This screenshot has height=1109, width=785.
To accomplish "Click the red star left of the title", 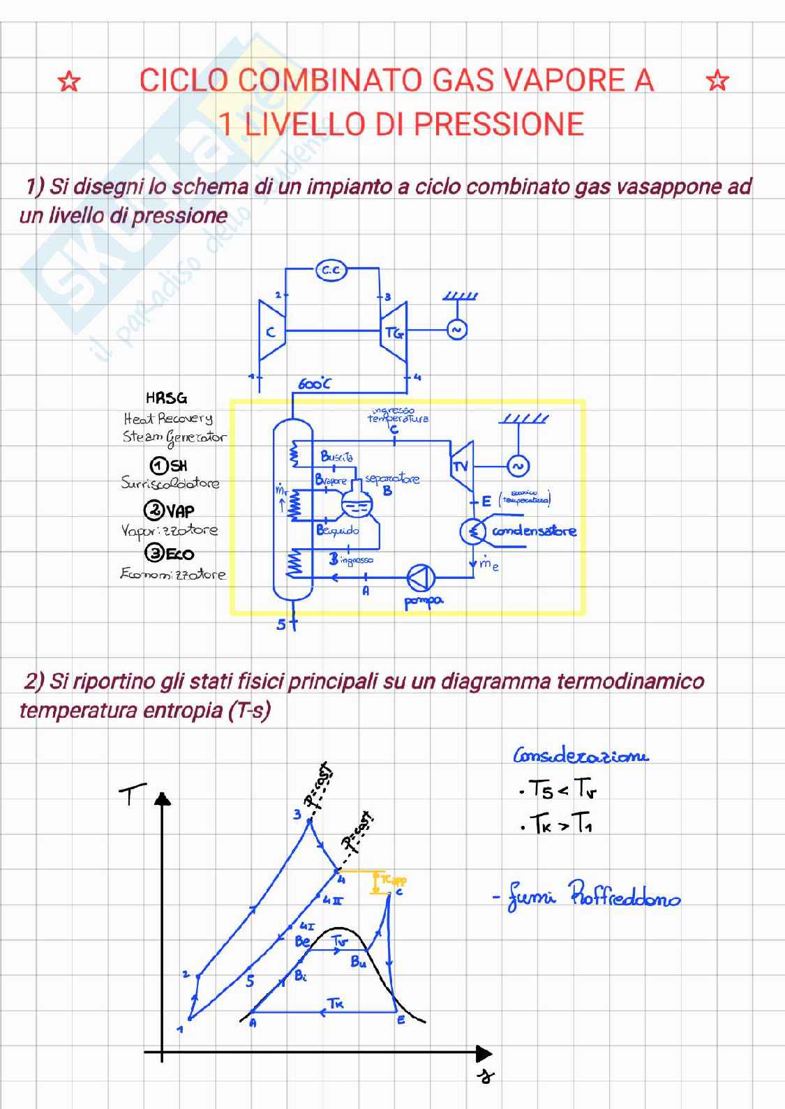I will pos(68,82).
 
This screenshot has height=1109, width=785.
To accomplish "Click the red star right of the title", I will pos(717,81).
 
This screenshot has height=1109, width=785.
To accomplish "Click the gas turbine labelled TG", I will pos(394,333).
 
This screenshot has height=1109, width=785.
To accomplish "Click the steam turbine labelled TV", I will pos(461,466).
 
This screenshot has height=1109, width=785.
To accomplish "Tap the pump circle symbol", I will pos(421,577).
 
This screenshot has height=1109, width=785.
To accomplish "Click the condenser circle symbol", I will pos(473,532).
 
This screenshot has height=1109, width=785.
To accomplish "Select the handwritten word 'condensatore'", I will pos(534,531).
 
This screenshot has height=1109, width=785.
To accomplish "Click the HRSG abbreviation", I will pos(166,398).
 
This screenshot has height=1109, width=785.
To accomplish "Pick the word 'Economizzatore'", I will pos(173,574).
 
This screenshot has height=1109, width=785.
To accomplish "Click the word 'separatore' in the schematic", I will pos(392,479).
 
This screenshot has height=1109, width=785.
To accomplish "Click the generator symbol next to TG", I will pos(456,330).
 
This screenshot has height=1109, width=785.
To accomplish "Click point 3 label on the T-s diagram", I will pos(297,814).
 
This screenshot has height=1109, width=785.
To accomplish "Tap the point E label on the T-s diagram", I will pos(401,1020).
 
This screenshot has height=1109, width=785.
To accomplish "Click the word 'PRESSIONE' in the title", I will pos(499,124).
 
